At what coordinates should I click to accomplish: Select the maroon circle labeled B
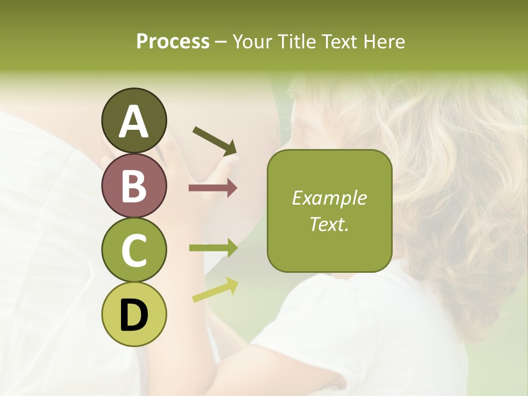click(134, 185)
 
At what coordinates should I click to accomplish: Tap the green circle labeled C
click(134, 250)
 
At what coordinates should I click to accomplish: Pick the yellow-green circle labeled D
click(134, 315)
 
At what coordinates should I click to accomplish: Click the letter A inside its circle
click(134, 122)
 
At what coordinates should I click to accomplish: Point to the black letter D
click(134, 315)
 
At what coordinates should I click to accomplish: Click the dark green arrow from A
click(215, 141)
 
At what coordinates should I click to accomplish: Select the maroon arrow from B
click(213, 188)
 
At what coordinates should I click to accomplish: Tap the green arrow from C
click(213, 248)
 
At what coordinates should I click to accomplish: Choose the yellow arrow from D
click(215, 289)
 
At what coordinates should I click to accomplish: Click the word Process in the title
click(173, 41)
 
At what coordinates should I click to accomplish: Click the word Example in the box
click(329, 198)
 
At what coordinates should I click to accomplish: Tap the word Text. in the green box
click(329, 224)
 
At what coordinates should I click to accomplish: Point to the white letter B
click(134, 186)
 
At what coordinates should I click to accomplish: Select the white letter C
click(134, 251)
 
